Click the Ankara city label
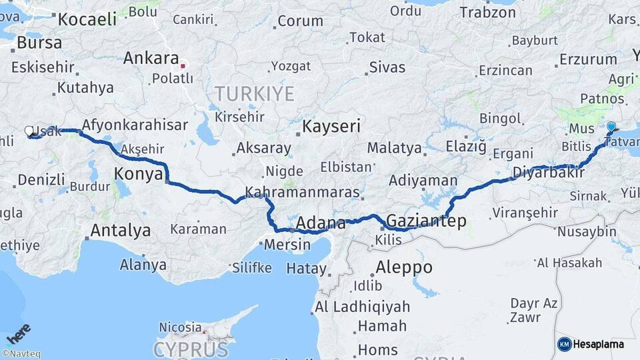point(151,58)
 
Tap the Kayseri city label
point(331,126)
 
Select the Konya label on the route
point(139,174)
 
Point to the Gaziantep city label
point(426,221)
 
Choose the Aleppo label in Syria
point(403,268)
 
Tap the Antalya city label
point(120,231)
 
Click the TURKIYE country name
point(254,93)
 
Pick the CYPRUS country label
point(191,349)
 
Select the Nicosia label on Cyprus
point(180,327)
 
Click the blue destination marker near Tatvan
point(611,126)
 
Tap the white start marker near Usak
point(29,131)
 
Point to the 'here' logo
point(18,333)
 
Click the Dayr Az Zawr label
point(533,309)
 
